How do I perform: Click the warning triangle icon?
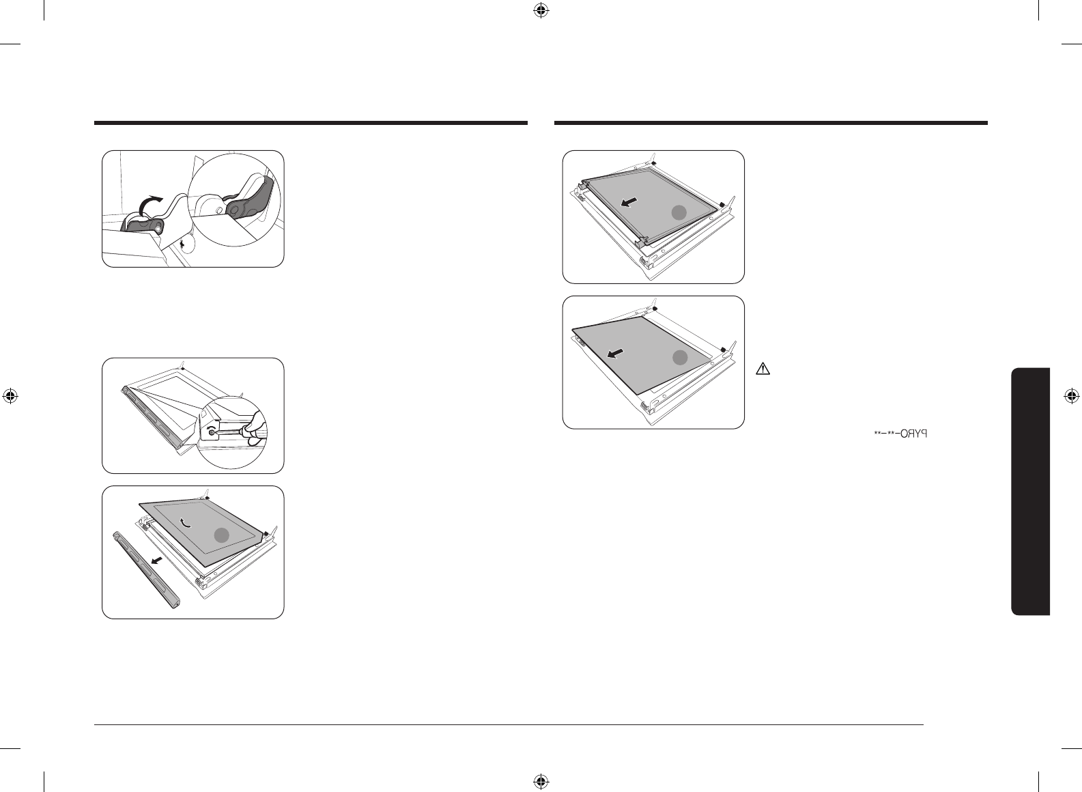click(x=763, y=370)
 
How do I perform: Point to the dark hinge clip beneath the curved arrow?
click(x=143, y=225)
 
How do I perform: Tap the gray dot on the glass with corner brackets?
click(x=678, y=212)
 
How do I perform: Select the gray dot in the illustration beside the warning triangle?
click(x=679, y=357)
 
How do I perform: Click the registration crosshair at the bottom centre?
click(x=541, y=780)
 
